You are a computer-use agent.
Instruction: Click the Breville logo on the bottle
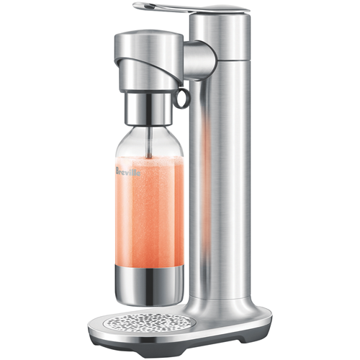click(128, 171)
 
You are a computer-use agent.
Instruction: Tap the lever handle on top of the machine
click(192, 7)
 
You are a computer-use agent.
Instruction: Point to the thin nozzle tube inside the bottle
click(150, 143)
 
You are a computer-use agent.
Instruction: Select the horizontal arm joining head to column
click(199, 60)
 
